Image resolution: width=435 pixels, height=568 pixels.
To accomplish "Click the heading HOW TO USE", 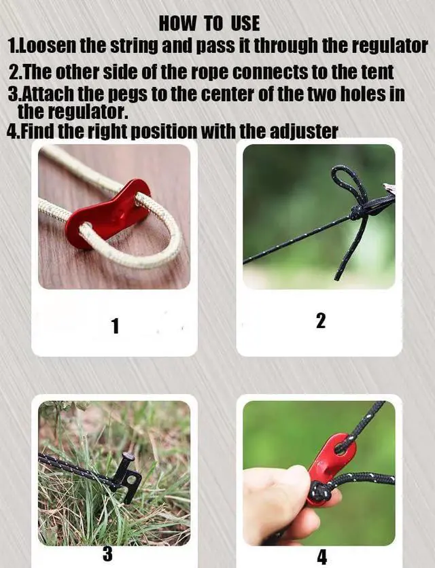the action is pyautogui.click(x=209, y=24).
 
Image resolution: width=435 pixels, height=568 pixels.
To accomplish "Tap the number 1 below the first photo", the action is pyautogui.click(x=116, y=325).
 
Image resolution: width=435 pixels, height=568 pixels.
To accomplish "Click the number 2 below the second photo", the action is pyautogui.click(x=320, y=321).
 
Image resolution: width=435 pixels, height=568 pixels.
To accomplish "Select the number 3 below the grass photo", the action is pyautogui.click(x=107, y=554).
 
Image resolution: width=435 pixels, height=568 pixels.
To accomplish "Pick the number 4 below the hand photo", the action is pyautogui.click(x=321, y=557).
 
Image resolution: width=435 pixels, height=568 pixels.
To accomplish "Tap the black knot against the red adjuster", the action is pyautogui.click(x=319, y=493).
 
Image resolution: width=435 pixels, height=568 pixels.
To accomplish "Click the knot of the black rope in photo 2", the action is pyautogui.click(x=357, y=212).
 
